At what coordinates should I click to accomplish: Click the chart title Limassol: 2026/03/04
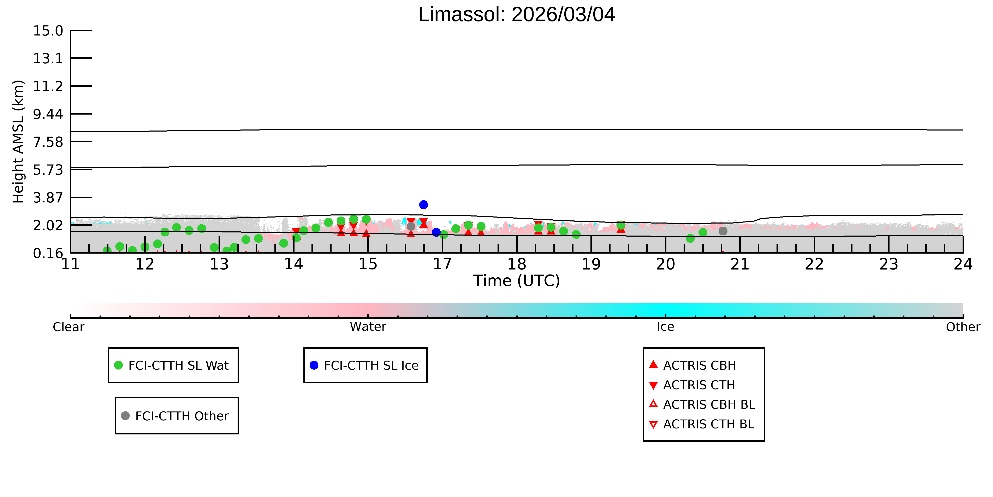point(517,15)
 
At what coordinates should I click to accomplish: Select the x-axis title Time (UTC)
point(517,281)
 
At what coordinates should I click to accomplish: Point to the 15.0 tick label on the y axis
point(48,30)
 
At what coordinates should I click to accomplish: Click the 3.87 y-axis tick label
point(48,198)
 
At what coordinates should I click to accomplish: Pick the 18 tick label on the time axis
point(517,264)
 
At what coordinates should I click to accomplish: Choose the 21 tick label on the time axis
point(740,264)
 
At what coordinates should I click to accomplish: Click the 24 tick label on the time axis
point(963,264)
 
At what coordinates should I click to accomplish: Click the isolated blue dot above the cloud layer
point(424,204)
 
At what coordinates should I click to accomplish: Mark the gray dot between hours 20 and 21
point(723,231)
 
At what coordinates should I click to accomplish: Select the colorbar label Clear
point(69,327)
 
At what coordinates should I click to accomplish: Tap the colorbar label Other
point(963,327)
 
